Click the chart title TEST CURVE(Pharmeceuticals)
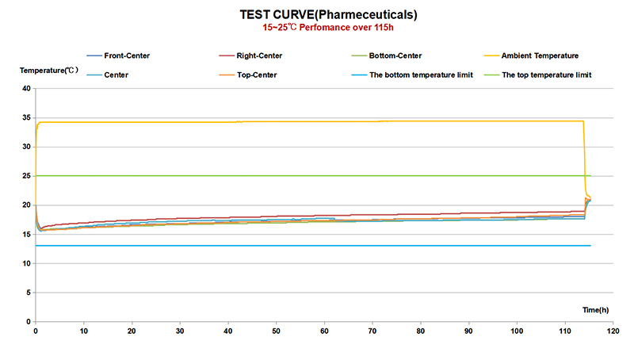click(x=318, y=14)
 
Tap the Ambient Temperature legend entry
click(x=540, y=56)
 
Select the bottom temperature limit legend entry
click(x=415, y=75)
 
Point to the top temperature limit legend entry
click(x=547, y=75)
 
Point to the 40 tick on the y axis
click(x=25, y=89)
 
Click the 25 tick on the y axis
click(x=25, y=176)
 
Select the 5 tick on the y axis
click(x=28, y=293)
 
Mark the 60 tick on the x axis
click(x=324, y=331)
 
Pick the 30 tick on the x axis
click(x=180, y=331)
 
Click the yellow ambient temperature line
click(x=317, y=121)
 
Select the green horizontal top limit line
click(x=317, y=176)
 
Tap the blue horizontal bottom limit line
click(x=317, y=246)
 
